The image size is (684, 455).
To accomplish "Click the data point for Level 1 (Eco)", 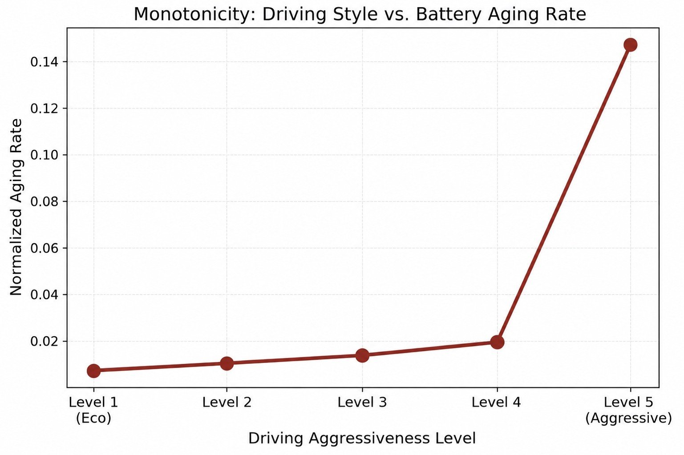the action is pyautogui.click(x=94, y=371).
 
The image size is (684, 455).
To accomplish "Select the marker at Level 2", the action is pyautogui.click(x=227, y=363).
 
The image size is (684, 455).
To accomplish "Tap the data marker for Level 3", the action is pyautogui.click(x=362, y=355).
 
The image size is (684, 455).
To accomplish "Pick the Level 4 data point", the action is pyautogui.click(x=497, y=342).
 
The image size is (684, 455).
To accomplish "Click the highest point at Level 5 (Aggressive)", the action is pyautogui.click(x=630, y=45).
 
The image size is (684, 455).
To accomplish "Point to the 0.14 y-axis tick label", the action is pyautogui.click(x=44, y=62).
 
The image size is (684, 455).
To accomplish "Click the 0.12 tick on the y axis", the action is pyautogui.click(x=44, y=109).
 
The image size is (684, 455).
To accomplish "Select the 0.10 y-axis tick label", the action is pyautogui.click(x=44, y=155).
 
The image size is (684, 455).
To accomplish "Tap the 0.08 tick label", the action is pyautogui.click(x=44, y=202).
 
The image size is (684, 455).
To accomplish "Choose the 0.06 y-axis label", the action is pyautogui.click(x=44, y=248).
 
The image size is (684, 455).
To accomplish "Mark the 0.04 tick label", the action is pyautogui.click(x=44, y=295).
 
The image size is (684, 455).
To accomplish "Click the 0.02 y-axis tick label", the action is pyautogui.click(x=44, y=341).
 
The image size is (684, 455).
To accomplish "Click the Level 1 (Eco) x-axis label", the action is pyautogui.click(x=93, y=410).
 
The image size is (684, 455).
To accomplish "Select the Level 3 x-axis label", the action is pyautogui.click(x=362, y=402).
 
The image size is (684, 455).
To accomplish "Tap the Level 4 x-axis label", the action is pyautogui.click(x=496, y=402).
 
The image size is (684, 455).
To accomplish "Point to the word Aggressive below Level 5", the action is pyautogui.click(x=629, y=419).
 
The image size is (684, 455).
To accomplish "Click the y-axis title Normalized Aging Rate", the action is pyautogui.click(x=16, y=207).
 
